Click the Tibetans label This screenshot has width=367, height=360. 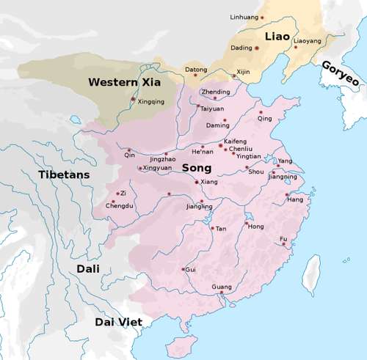(64, 175)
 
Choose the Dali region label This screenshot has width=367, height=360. (91, 269)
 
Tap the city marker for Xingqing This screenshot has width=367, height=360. (133, 98)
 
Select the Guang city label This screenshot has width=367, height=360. (221, 286)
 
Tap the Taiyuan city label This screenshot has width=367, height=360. (212, 109)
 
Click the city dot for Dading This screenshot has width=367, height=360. (257, 48)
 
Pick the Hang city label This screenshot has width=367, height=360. (295, 199)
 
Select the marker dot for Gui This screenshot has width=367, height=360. (183, 269)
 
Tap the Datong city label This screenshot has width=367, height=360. (195, 70)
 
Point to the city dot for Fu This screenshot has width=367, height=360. (284, 244)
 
